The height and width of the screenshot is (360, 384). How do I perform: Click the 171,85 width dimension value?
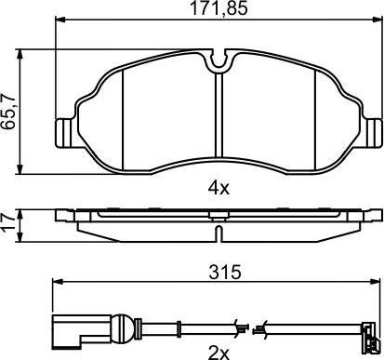[218, 8]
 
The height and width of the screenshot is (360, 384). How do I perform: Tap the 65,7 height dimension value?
[8, 112]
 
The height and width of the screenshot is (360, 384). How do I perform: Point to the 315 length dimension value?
[225, 273]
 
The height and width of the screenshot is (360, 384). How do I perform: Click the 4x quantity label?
[218, 188]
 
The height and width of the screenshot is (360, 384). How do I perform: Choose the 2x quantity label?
[218, 353]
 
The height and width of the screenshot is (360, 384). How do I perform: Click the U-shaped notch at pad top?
[219, 60]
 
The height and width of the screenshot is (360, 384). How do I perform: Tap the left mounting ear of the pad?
[64, 133]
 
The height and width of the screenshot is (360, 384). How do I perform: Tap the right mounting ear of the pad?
[374, 133]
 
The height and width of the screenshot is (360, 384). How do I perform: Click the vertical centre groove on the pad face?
[218, 114]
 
